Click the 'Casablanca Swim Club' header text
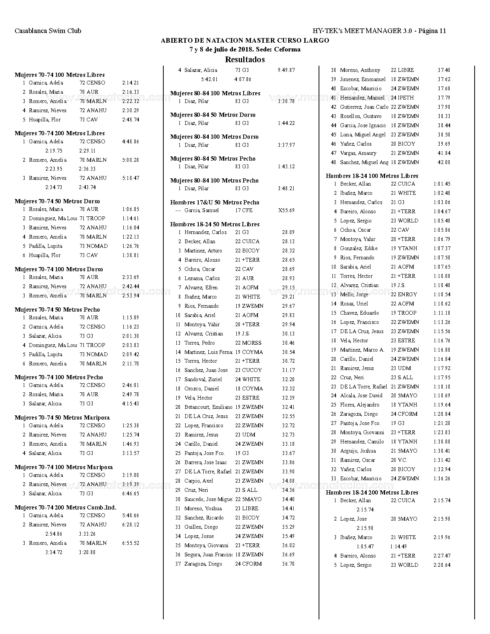(x=48, y=31)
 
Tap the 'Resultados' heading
(x=245, y=60)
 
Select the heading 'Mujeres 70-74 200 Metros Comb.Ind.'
(x=65, y=508)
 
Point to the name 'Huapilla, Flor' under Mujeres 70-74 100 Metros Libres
(x=45, y=119)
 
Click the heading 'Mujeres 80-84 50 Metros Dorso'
(x=213, y=115)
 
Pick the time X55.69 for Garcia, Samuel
(x=286, y=210)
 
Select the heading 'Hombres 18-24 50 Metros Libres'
(x=215, y=224)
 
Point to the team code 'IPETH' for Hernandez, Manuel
(x=406, y=98)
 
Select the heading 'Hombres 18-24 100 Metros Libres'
(x=372, y=176)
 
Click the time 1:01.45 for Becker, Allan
(x=442, y=184)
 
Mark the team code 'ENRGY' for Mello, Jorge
(x=407, y=294)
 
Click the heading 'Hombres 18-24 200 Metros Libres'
(x=372, y=493)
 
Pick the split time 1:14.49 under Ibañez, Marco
(x=399, y=546)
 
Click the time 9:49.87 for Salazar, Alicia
(x=286, y=70)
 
